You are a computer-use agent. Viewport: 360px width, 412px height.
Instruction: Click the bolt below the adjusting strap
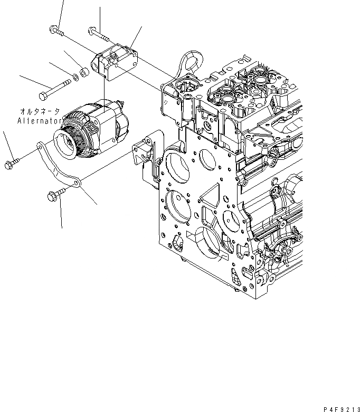(x=55, y=196)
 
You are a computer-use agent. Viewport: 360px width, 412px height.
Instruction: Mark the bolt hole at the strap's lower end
(x=77, y=183)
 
